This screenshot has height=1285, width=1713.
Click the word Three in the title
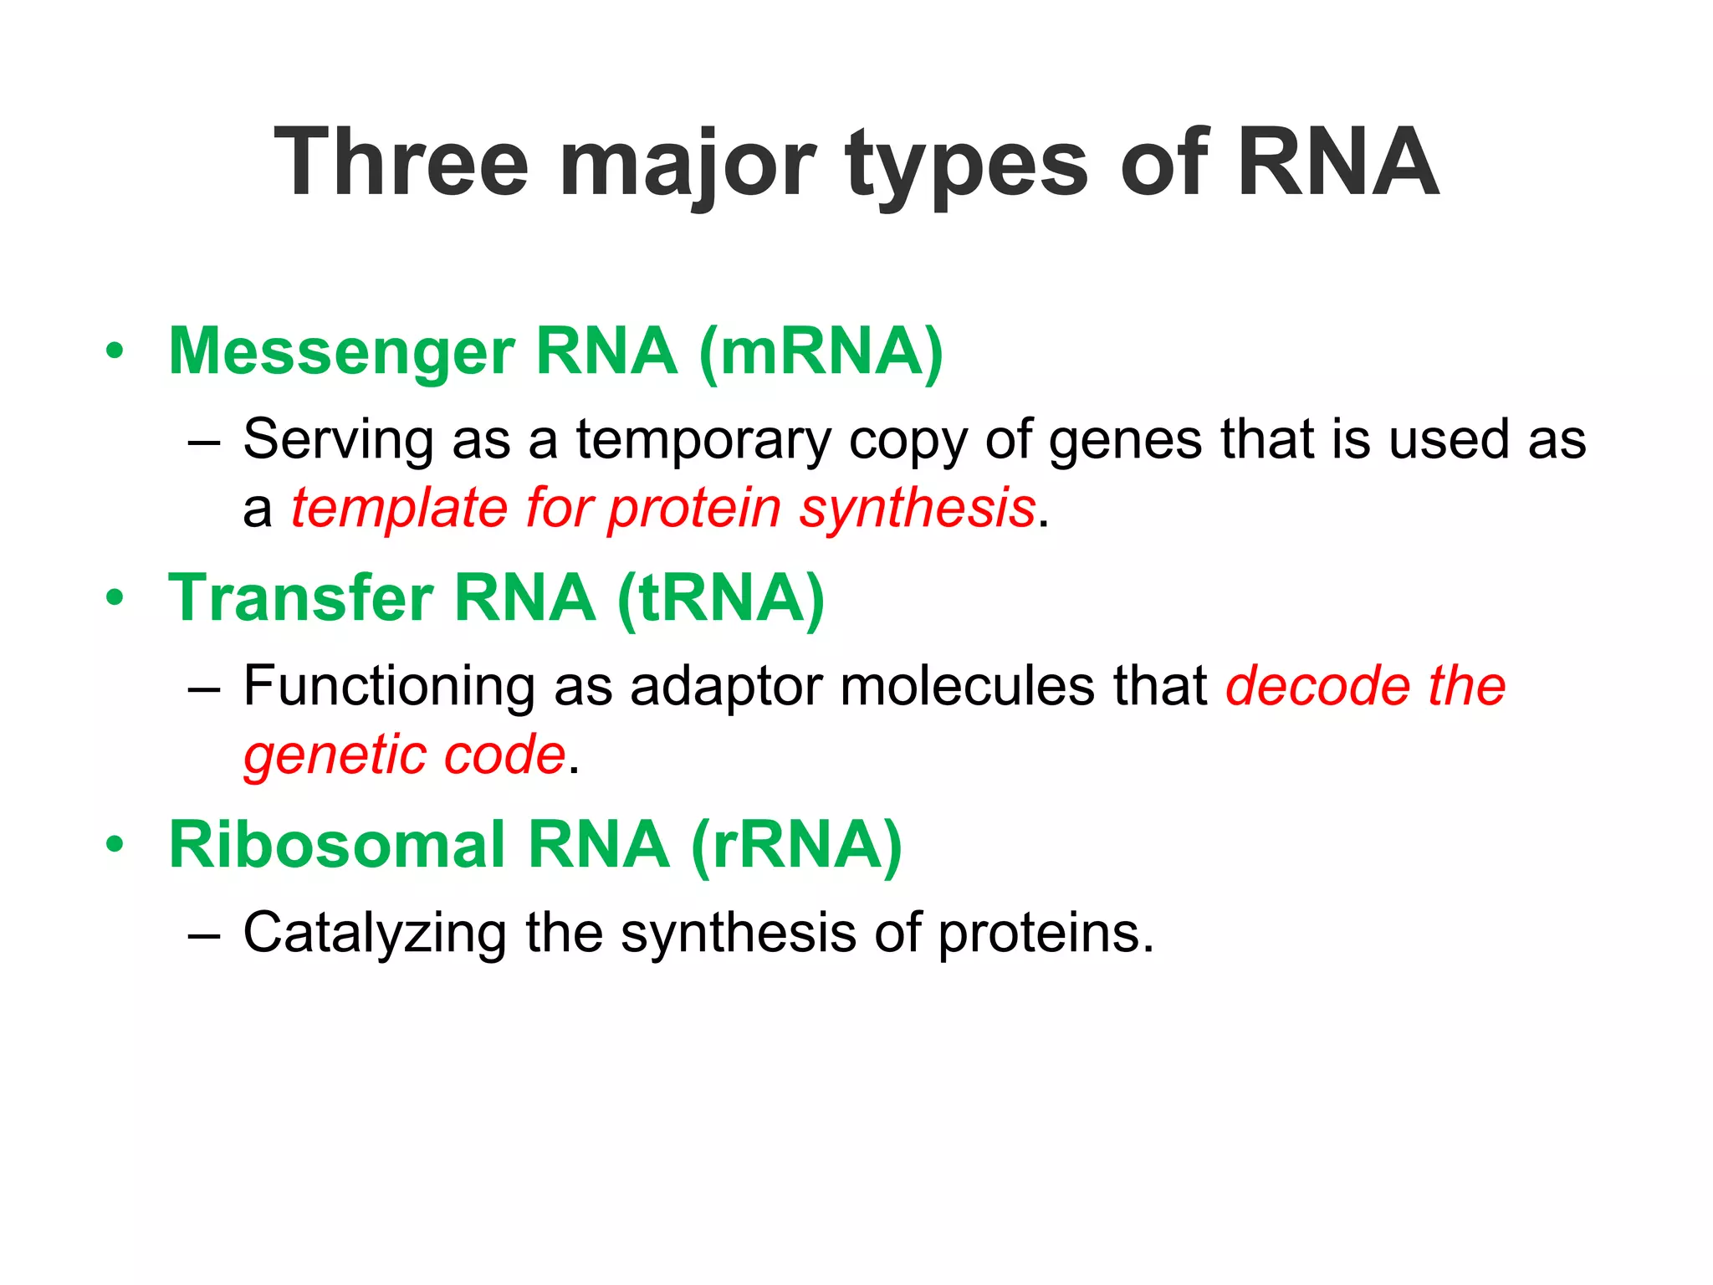401,162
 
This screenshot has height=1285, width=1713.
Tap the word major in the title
687,166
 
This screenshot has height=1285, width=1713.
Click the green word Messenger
341,352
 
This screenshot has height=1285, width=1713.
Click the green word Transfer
300,598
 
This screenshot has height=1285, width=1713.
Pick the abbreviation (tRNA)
721,600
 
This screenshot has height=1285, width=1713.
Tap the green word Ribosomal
336,845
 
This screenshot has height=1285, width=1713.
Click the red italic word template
399,509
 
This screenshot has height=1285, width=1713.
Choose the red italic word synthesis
917,509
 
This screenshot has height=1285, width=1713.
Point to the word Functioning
389,687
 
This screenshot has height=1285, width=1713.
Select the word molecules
966,686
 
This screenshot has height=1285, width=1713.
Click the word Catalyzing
374,934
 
